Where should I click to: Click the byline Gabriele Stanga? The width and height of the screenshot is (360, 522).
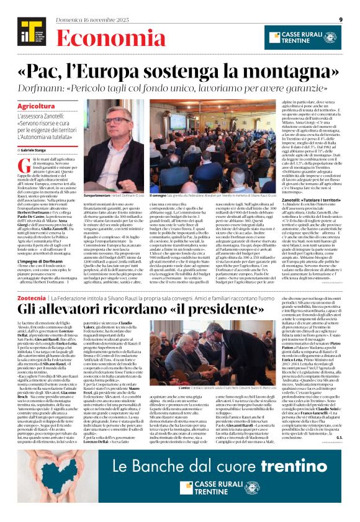[x=38, y=150]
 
